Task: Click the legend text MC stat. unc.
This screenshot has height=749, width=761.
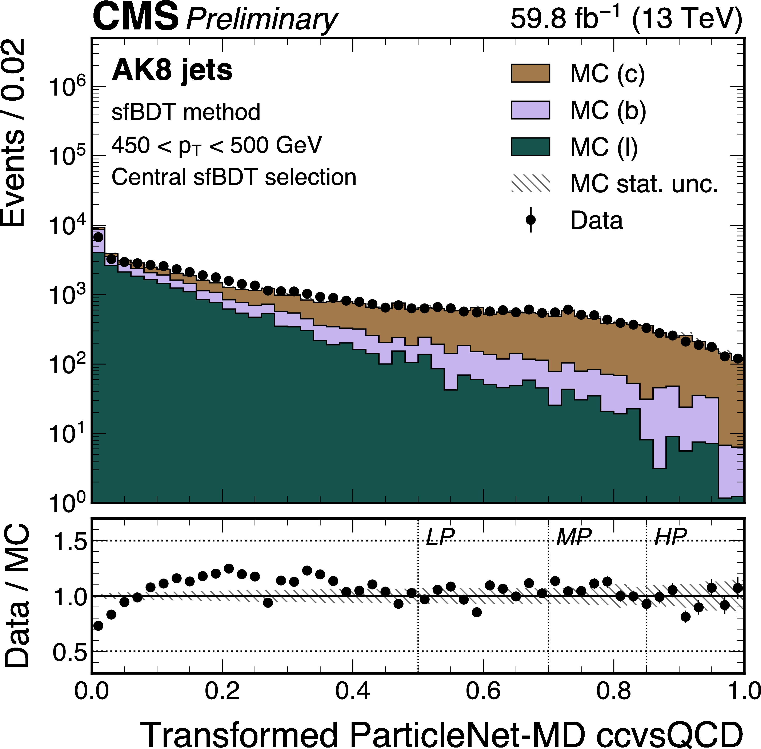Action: (x=644, y=184)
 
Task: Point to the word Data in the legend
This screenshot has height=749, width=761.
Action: (x=597, y=220)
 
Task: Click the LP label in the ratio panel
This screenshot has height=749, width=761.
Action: (x=440, y=536)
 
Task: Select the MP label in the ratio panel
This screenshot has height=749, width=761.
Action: (x=574, y=536)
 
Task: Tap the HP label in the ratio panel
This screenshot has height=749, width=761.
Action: (x=670, y=536)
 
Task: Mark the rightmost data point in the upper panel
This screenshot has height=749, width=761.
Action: (x=737, y=358)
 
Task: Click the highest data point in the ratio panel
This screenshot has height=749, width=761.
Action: (x=229, y=568)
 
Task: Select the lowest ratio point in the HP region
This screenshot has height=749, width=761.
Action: (x=685, y=617)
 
